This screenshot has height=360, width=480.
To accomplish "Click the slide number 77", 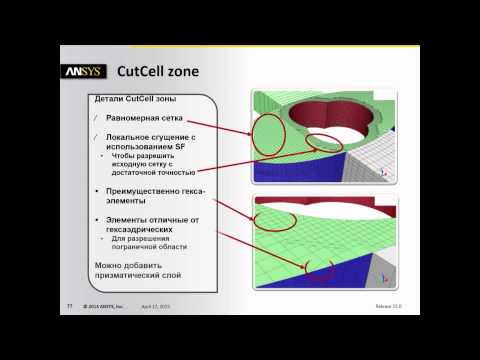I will [x=71, y=308].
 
